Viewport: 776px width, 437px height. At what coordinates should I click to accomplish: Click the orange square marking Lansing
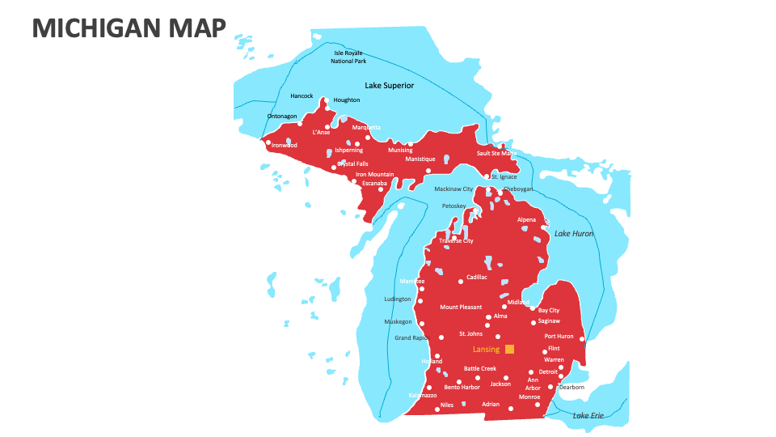(509, 350)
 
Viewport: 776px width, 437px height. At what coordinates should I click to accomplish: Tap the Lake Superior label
(389, 85)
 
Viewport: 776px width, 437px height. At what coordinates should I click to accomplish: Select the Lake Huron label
(573, 234)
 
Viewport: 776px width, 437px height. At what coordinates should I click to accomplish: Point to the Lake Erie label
(588, 416)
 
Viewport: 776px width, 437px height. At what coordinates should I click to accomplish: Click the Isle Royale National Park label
(348, 57)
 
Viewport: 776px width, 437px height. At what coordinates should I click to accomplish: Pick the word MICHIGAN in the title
(96, 28)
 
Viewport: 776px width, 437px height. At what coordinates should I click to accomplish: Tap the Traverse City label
(456, 240)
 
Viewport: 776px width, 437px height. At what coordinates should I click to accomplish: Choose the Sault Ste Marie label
(496, 153)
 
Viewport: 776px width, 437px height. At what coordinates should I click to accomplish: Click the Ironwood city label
(285, 146)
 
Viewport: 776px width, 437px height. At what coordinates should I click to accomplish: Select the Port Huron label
(559, 337)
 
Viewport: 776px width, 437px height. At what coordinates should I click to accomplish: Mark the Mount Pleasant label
(461, 308)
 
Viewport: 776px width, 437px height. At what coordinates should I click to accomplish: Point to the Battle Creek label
(486, 368)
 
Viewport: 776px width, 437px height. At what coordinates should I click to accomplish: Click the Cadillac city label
(477, 278)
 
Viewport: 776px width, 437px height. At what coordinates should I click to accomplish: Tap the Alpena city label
(526, 220)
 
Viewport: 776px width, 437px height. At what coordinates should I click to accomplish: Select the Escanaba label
(375, 183)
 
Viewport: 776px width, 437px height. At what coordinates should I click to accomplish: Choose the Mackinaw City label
(453, 189)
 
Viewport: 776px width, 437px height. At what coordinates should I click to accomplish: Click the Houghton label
(347, 100)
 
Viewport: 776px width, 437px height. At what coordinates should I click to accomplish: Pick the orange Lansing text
(486, 350)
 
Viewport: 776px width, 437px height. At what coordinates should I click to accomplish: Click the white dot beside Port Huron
(582, 338)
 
